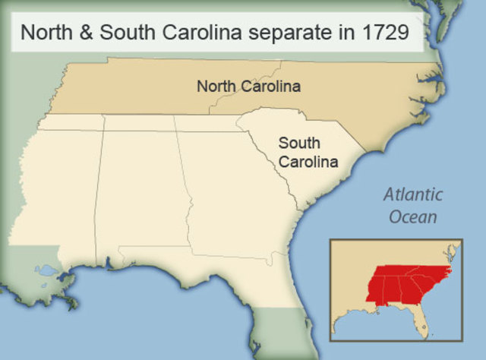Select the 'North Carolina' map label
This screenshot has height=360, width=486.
248,87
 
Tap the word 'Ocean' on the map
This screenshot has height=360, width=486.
413,217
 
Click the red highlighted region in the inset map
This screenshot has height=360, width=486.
402,285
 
